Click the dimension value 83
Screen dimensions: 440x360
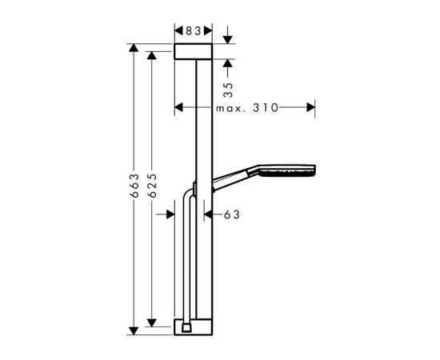[x=194, y=31]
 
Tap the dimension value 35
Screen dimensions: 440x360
[x=228, y=90]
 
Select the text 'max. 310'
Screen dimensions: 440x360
[x=247, y=108]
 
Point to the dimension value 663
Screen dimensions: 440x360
[x=134, y=186]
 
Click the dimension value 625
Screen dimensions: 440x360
[x=152, y=186]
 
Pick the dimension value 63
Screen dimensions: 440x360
[x=232, y=214]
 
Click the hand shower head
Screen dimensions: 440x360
[x=286, y=171]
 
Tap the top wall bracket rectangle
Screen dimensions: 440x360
[x=194, y=52]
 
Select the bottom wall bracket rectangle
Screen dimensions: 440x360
[x=194, y=327]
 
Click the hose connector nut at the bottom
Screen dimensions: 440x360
[x=186, y=328]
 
